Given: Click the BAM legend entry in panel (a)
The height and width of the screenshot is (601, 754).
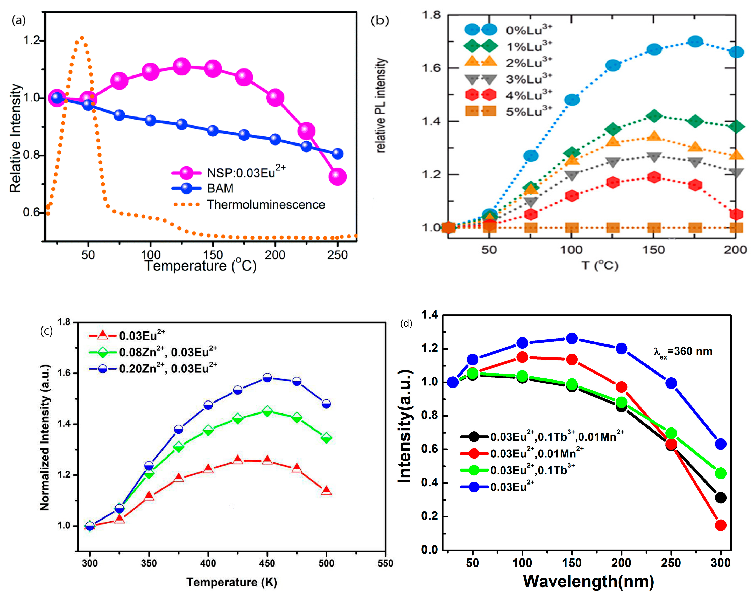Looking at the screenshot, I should pyautogui.click(x=220, y=188).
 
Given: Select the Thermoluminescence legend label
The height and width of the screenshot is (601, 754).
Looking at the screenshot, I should pyautogui.click(x=266, y=204).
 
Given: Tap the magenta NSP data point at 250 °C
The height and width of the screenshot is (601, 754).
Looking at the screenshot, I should pyautogui.click(x=337, y=176).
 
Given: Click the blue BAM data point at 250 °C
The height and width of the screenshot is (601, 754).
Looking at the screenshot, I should pyautogui.click(x=337, y=153).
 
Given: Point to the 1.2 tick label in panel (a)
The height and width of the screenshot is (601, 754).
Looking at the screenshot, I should pyautogui.click(x=31, y=40).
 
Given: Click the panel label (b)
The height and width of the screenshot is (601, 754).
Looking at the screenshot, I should pyautogui.click(x=380, y=21).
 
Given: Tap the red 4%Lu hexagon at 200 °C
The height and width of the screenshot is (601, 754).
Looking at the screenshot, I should pyautogui.click(x=736, y=214).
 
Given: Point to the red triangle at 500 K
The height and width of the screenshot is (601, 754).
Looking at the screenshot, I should pyautogui.click(x=326, y=491).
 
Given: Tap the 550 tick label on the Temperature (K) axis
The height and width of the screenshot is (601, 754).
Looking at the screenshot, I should pyautogui.click(x=385, y=563).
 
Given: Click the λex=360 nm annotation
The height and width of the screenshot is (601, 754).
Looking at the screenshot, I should pyautogui.click(x=683, y=351).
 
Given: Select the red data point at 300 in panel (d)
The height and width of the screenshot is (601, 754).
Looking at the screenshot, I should pyautogui.click(x=720, y=525).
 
